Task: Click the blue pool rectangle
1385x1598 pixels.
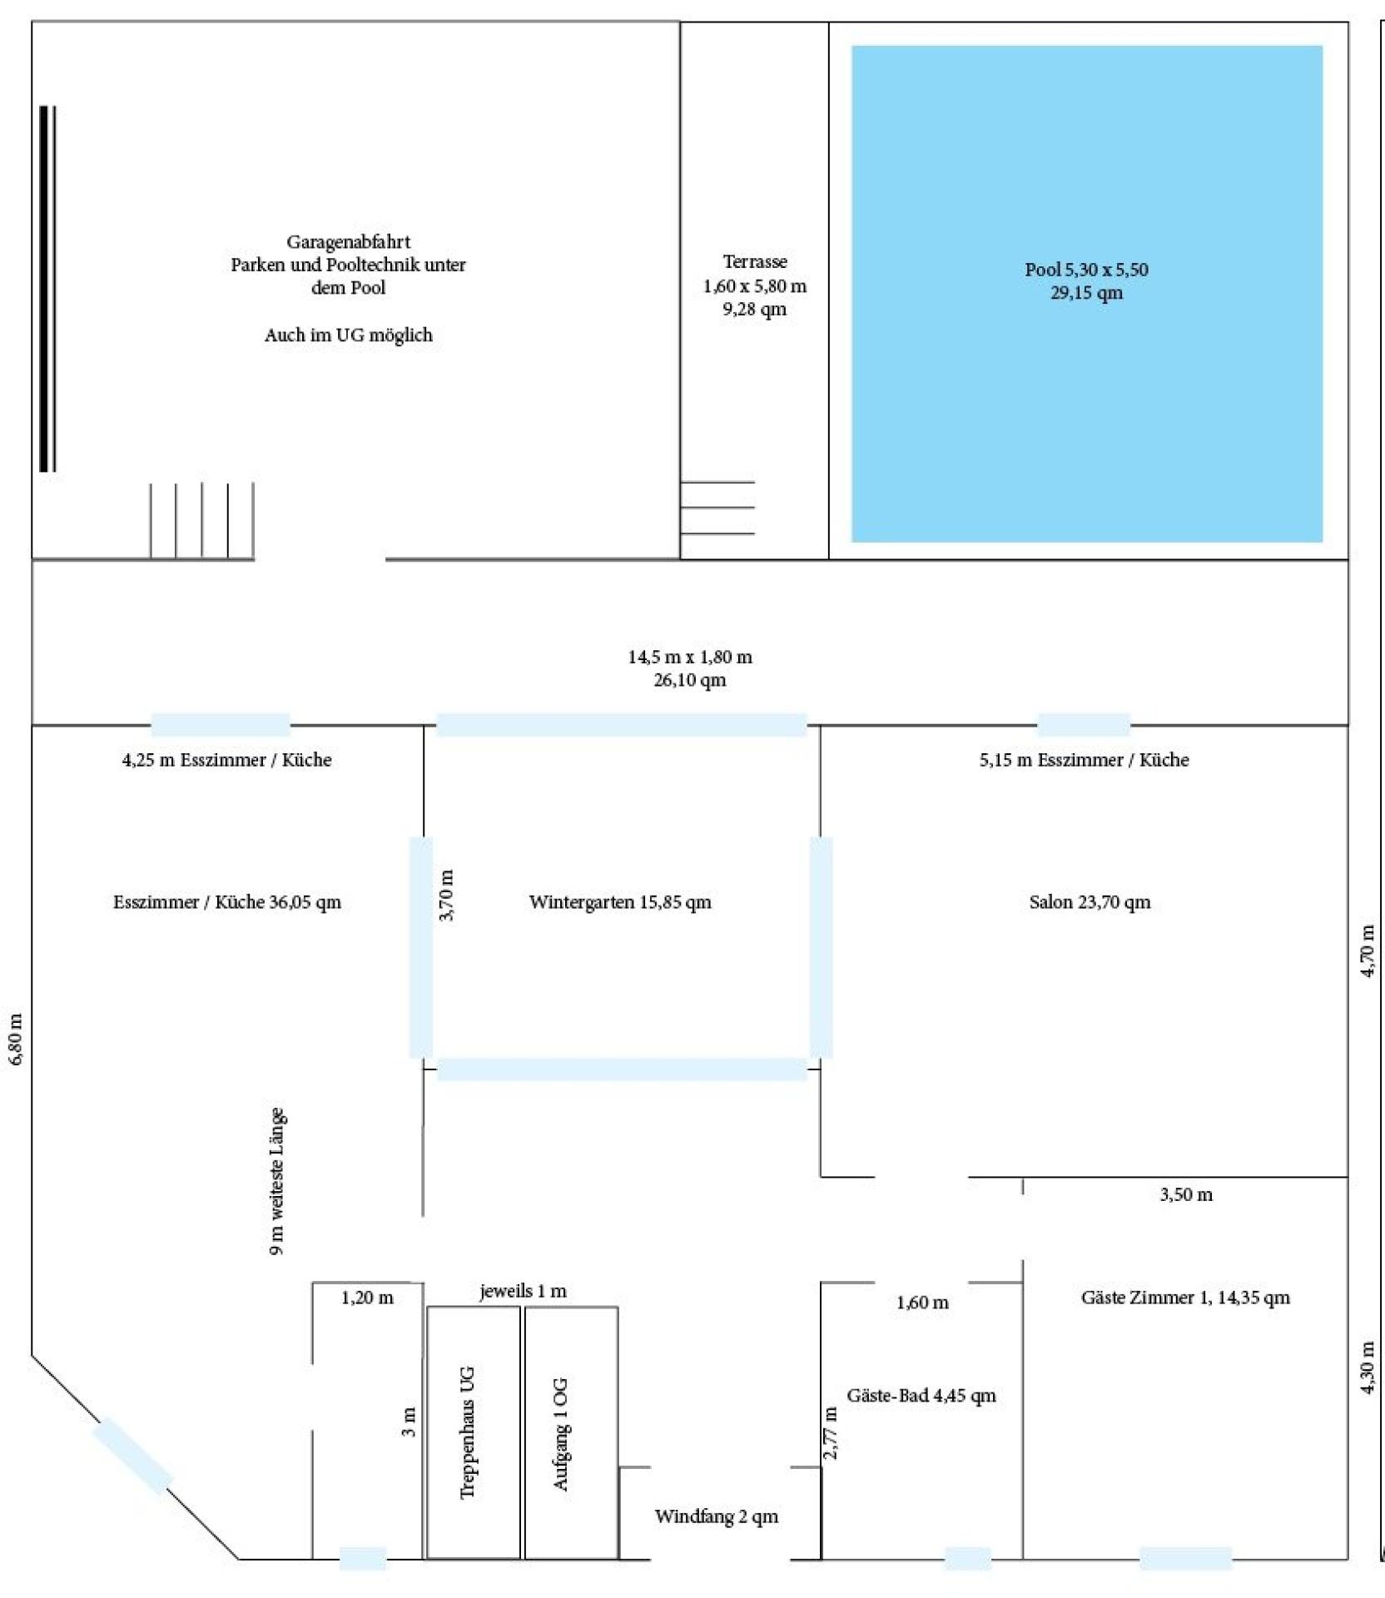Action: (1086, 294)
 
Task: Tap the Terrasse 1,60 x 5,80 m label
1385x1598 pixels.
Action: (755, 274)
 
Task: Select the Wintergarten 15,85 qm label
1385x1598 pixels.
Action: (620, 902)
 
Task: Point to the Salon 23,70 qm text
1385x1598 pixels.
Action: (1090, 902)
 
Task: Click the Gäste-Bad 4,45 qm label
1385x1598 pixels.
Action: (921, 1396)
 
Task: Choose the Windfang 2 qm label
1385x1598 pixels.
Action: (716, 1516)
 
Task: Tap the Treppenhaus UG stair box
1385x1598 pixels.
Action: (473, 1432)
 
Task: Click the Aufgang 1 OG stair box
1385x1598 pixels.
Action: (571, 1432)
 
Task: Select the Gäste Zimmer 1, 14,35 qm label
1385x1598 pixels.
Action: (1185, 1298)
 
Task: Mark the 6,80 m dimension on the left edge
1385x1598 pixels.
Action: (17, 1039)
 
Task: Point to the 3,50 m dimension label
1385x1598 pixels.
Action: (1186, 1195)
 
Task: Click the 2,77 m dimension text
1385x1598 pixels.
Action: (831, 1433)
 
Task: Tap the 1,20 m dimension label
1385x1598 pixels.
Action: (367, 1298)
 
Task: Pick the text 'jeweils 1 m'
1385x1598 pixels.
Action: (523, 1292)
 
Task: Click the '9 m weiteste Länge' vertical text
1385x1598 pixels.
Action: (278, 1181)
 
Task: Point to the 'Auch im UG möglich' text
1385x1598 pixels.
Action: (349, 335)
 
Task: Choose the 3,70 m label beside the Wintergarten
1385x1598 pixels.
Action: (446, 896)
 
